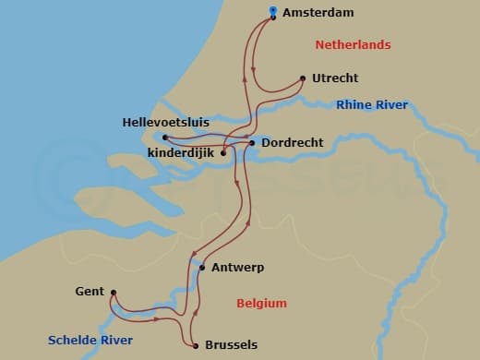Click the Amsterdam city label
pos(319,14)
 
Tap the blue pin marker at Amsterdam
pos(272,12)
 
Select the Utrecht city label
pos(335,78)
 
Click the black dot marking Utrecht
pos(304,78)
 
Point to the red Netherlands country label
pos(353,45)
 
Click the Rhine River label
pos(372,105)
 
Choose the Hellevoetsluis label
pos(165,122)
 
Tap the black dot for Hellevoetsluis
pos(165,138)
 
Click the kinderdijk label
pos(180,151)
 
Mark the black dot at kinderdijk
pos(223,152)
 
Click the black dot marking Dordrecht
pos(252,143)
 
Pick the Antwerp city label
pos(238,268)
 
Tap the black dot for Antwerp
pos(201,268)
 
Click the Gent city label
pos(90,292)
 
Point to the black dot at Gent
pos(113,294)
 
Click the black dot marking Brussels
pos(197,346)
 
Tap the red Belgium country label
pos(261,303)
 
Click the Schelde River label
pos(92,341)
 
